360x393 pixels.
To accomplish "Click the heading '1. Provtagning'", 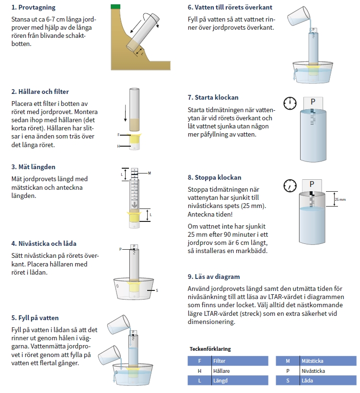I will click(33, 8).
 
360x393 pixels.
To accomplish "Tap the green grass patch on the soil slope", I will click(115, 6).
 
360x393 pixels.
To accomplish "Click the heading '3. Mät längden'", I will click(34, 167).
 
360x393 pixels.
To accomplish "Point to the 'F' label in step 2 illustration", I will click(118, 136).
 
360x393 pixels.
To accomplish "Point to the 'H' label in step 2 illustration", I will click(118, 145).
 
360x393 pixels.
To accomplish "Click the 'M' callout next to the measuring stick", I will click(150, 173).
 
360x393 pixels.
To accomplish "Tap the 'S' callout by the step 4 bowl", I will click(157, 290).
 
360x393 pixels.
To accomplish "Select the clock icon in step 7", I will click(290, 103).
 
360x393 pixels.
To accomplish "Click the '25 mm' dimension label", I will click(339, 199).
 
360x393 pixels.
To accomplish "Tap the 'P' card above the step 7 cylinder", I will click(313, 102).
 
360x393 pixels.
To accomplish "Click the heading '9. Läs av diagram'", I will click(214, 277).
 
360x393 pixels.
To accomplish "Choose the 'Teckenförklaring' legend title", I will click(210, 349).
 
